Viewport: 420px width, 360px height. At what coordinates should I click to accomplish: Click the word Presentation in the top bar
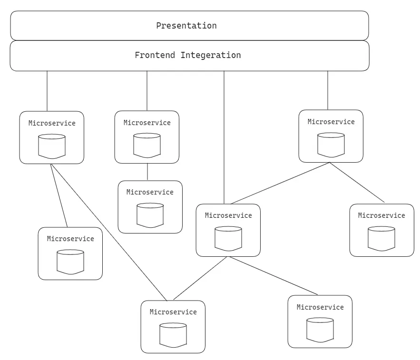[186, 26]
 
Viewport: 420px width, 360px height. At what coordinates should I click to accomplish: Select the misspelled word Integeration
[211, 55]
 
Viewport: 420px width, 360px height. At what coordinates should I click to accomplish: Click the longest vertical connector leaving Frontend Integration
[224, 138]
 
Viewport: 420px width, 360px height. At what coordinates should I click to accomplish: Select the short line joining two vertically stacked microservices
[147, 172]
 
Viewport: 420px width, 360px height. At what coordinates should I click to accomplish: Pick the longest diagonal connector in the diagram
[108, 232]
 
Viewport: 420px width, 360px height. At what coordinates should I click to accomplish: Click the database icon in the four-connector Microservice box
[228, 238]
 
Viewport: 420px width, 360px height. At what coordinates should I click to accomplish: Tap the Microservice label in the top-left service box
[52, 123]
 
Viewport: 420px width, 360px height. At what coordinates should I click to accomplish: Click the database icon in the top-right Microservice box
[331, 145]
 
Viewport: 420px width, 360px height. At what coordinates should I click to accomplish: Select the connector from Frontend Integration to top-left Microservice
[47, 91]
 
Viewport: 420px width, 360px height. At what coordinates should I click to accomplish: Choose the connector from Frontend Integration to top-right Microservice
[328, 90]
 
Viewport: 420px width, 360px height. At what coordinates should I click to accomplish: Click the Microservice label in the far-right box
[381, 215]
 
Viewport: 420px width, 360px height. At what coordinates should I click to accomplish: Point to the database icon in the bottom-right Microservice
[320, 330]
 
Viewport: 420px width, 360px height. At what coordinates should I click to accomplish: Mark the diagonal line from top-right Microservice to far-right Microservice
[357, 182]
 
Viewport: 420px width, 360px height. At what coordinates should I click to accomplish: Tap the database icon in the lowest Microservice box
[173, 335]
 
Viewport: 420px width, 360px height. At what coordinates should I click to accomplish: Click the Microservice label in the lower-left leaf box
[70, 239]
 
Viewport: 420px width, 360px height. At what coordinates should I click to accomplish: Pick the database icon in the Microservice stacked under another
[150, 215]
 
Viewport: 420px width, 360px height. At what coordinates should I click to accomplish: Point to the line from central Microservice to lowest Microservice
[201, 278]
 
